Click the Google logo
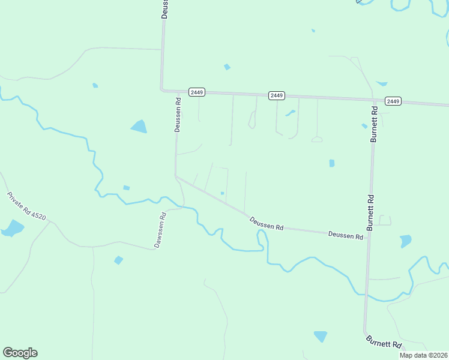pos(20,353)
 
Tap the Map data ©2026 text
pos(424,355)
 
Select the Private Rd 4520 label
pos(26,206)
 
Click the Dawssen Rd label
pos(161,230)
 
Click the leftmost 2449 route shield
pos(197,92)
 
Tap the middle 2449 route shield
pos(276,95)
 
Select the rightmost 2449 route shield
pos(393,101)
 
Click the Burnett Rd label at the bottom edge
pos(384,342)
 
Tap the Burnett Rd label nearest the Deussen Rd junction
pos(371,212)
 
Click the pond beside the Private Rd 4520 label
pos(12,229)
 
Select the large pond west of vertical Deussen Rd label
pos(139,126)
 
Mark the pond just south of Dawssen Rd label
pos(118,260)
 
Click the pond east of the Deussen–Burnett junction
pos(406,241)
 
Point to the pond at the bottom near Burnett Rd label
pos(321,336)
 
